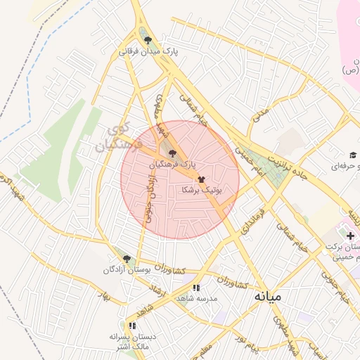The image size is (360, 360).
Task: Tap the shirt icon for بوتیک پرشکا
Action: [x=202, y=179]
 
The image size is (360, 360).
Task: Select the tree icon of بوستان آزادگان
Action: [x=127, y=259]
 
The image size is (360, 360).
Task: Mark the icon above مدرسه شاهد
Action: [x=196, y=287]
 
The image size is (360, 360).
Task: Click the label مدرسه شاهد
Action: [x=196, y=299]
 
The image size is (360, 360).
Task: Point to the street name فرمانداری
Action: [x=252, y=220]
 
